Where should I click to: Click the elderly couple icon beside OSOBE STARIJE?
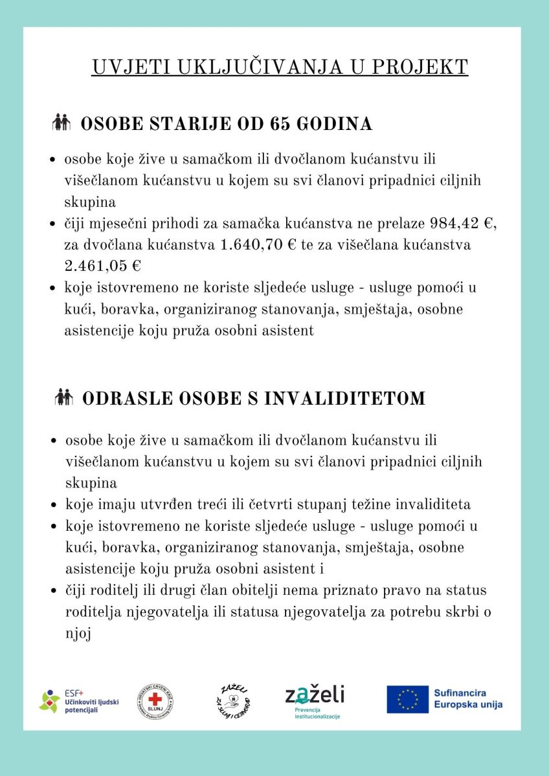62,122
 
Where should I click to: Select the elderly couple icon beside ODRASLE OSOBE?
64,397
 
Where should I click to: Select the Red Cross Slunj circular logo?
155,701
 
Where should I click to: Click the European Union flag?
407,700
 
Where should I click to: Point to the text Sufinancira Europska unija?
468,699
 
